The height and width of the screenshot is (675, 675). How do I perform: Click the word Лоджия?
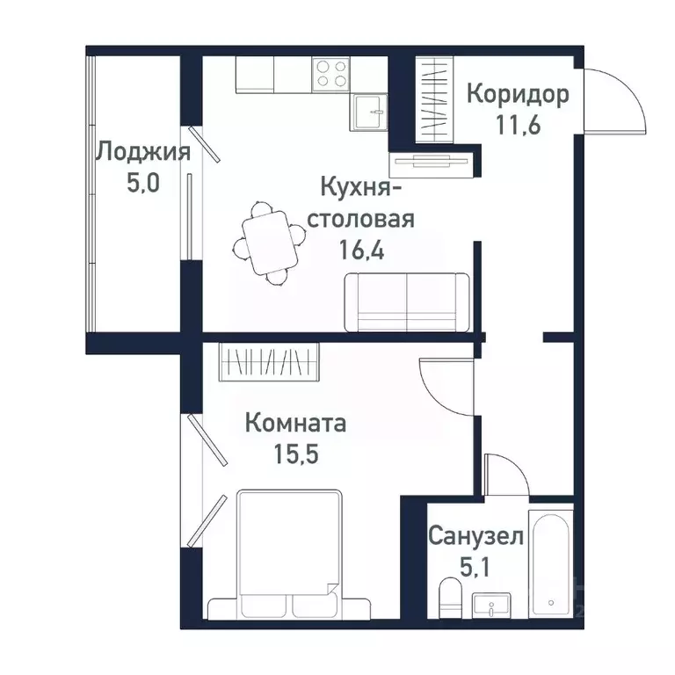click(x=142, y=152)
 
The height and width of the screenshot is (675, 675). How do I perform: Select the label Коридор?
click(x=518, y=93)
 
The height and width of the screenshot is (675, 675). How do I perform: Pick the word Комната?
click(x=295, y=424)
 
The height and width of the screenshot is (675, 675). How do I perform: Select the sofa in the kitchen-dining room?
click(x=407, y=301)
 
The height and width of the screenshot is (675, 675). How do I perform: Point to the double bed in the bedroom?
click(x=289, y=554)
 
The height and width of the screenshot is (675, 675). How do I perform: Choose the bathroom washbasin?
click(x=495, y=606)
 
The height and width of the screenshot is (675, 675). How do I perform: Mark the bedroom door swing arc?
click(x=445, y=383)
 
